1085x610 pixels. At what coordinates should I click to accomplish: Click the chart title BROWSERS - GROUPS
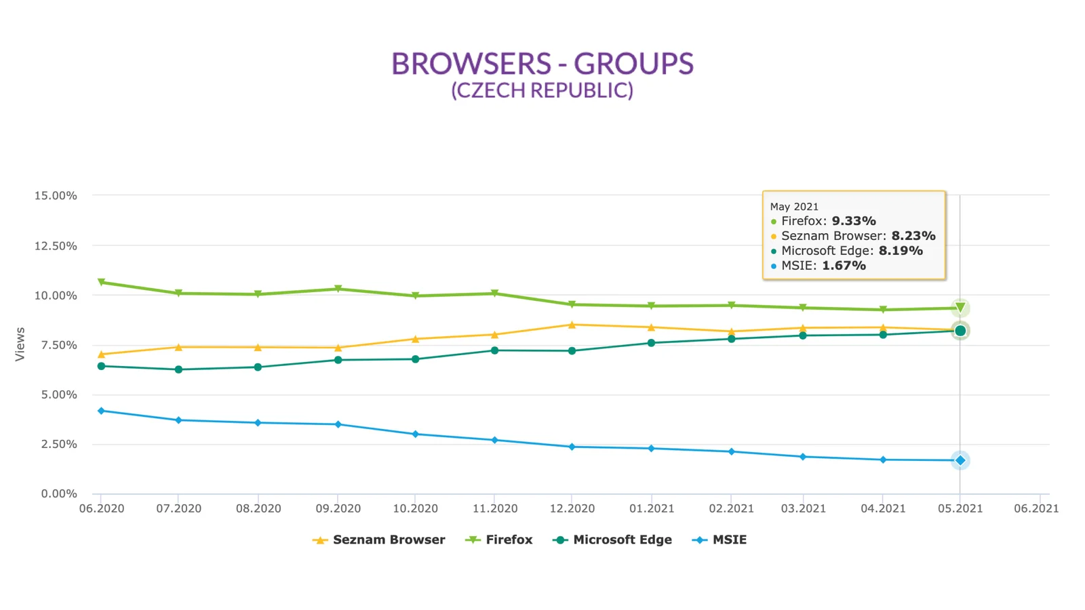click(x=542, y=64)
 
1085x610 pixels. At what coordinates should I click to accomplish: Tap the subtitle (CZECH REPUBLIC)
click(x=542, y=90)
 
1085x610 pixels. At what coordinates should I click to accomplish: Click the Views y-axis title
click(x=20, y=344)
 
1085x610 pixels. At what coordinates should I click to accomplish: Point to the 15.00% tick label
click(x=56, y=196)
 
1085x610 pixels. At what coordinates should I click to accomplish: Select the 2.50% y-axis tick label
click(x=56, y=445)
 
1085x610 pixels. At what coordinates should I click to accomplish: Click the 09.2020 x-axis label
click(x=338, y=508)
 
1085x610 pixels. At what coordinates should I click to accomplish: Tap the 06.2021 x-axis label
click(x=1035, y=508)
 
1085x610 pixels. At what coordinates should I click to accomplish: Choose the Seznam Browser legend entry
click(x=379, y=540)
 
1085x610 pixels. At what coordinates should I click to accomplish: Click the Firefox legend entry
click(x=499, y=540)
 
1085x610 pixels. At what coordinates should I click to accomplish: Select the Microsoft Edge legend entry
click(x=613, y=540)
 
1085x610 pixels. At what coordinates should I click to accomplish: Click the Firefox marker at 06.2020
click(x=102, y=282)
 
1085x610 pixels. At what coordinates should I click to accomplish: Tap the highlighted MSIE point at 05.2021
click(x=960, y=461)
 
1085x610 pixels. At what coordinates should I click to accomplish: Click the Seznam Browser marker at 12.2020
click(x=572, y=325)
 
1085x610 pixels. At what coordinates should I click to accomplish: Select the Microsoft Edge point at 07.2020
click(x=178, y=369)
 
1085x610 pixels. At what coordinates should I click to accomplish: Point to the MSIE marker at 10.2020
click(x=416, y=434)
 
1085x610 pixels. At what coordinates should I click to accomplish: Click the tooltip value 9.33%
click(x=854, y=221)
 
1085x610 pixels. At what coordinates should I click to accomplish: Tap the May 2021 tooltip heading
click(x=794, y=207)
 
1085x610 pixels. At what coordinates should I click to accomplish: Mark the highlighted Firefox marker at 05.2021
click(x=960, y=308)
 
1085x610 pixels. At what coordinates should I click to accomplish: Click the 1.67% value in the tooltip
click(x=844, y=266)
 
